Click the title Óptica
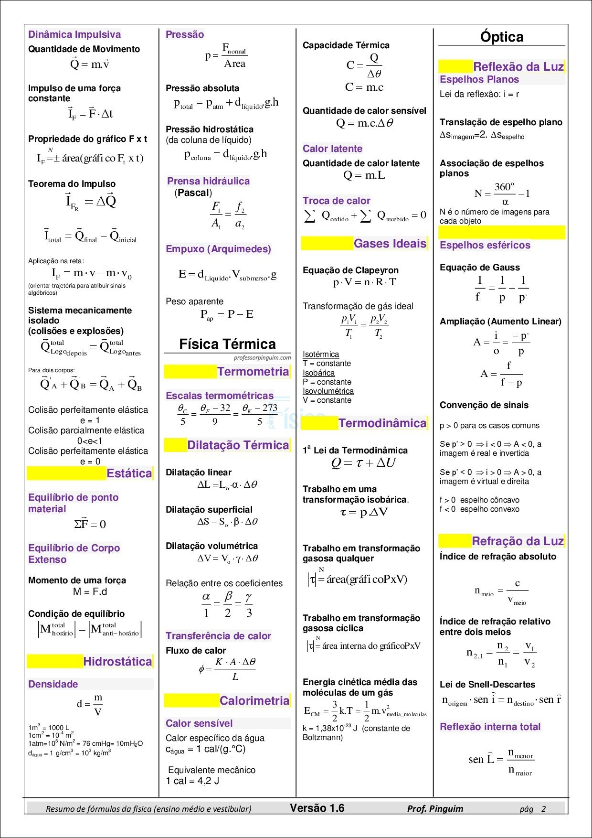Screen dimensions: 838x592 tap(502, 37)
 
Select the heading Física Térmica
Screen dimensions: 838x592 tap(227, 344)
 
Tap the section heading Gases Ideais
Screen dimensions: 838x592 tap(390, 244)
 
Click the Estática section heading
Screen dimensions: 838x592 tap(129, 473)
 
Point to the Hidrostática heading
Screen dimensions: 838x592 tap(117, 662)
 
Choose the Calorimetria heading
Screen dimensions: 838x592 tap(254, 701)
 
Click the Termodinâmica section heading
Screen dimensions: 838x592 tap(382, 423)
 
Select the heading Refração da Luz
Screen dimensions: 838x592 tap(518, 541)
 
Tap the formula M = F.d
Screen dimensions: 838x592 tap(90, 592)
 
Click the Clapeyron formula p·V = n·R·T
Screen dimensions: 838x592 tap(365, 282)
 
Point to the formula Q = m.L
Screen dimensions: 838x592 tap(364, 175)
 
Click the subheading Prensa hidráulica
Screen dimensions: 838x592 tap(208, 181)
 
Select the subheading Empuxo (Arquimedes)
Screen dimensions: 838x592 tap(218, 249)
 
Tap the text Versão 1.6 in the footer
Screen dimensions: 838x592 tap(317, 808)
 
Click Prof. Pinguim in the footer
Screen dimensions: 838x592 tap(435, 808)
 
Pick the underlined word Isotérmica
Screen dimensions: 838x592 tap(321, 355)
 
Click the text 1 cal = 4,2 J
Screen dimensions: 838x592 tap(192, 781)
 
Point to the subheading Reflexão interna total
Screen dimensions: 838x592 tap(490, 727)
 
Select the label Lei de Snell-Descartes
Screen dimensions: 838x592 tap(487, 685)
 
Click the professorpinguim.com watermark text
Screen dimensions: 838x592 tap(262, 357)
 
